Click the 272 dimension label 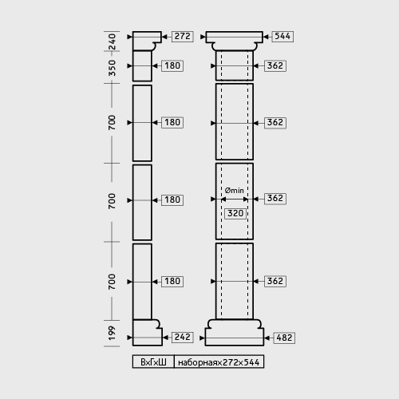pos(183,37)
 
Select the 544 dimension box pos(282,37)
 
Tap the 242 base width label pos(183,338)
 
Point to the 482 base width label pos(284,338)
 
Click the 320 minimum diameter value pos(235,214)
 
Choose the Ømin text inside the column pos(235,191)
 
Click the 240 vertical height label pos(112,41)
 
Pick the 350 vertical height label pos(112,68)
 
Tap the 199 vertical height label pos(112,333)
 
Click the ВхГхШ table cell pos(153,361)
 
